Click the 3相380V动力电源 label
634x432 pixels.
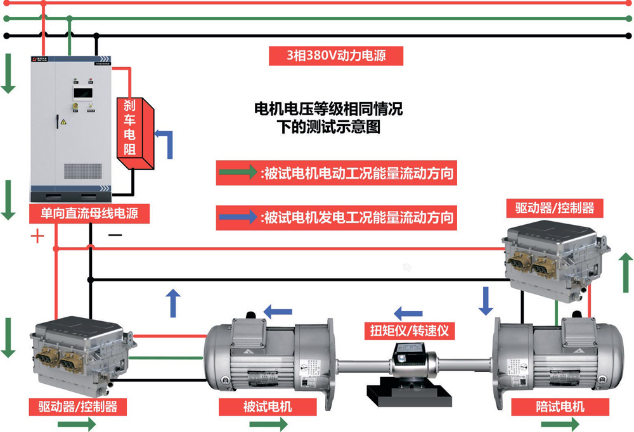[336, 56]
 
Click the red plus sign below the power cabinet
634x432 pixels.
[39, 236]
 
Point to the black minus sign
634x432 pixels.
[115, 235]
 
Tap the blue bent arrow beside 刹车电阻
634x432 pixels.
[165, 143]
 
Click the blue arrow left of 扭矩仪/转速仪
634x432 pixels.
[408, 313]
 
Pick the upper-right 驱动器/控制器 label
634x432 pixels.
[555, 207]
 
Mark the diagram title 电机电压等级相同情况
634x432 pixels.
[328, 109]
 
